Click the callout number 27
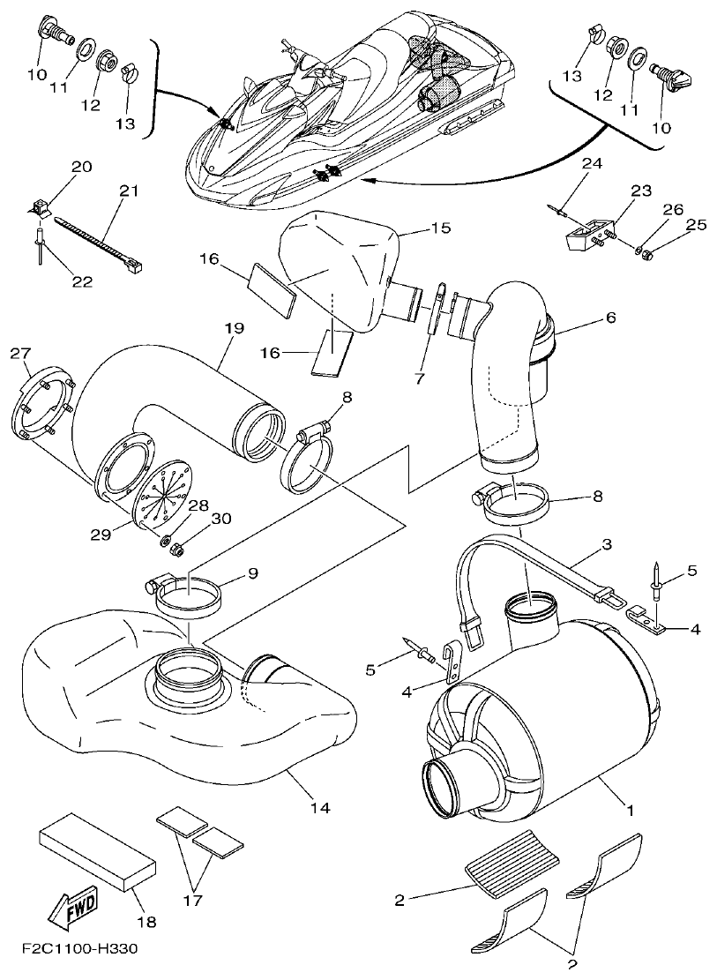20,354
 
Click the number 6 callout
610,317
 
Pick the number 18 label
146,922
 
